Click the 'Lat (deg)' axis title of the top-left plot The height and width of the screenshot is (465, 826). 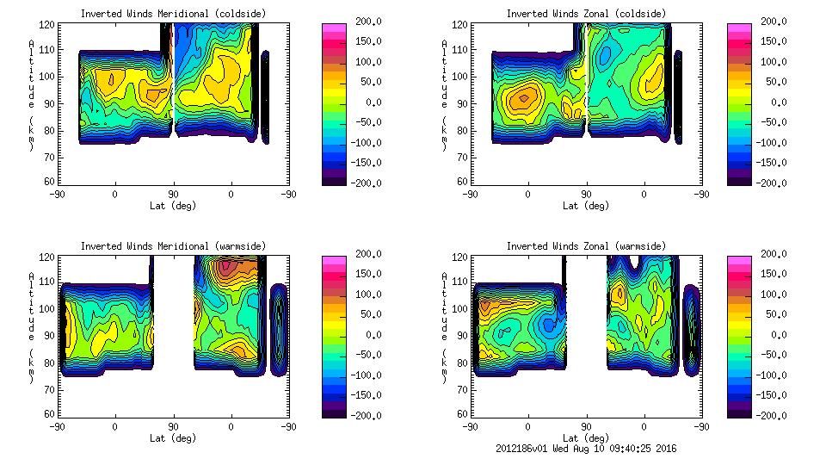click(174, 206)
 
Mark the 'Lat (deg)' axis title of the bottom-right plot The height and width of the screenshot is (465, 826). click(587, 437)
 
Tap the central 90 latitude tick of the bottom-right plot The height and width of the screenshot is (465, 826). click(587, 426)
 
